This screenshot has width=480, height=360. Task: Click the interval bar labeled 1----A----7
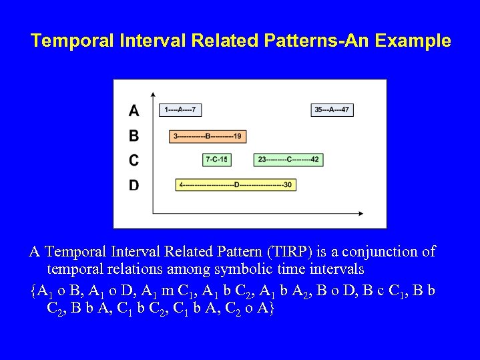(180, 110)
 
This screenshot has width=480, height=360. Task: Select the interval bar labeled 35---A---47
(332, 110)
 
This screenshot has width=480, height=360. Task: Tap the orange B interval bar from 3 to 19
(208, 136)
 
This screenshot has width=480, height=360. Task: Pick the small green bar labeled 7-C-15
(216, 160)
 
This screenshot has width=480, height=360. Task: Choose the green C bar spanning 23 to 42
(288, 160)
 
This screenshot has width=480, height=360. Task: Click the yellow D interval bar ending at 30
(236, 184)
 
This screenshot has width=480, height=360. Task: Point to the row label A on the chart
(134, 110)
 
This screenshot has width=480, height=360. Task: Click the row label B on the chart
(134, 136)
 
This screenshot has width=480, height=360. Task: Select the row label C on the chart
(134, 160)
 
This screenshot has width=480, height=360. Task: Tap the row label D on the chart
(134, 185)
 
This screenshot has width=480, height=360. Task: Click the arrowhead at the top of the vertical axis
(153, 94)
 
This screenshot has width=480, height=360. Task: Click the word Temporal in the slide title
(64, 41)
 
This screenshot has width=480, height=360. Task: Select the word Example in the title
(418, 41)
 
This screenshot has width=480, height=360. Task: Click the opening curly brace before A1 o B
(33, 291)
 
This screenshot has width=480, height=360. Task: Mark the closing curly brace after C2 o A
(270, 309)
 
